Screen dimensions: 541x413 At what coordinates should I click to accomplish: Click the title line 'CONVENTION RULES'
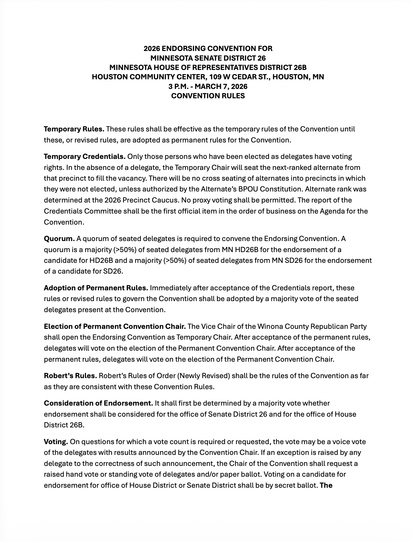(x=208, y=96)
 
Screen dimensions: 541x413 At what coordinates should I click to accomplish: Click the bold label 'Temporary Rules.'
(x=74, y=129)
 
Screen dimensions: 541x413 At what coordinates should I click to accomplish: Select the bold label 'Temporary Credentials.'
(x=85, y=157)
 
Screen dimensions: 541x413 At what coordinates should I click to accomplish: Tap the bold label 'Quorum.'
(x=59, y=239)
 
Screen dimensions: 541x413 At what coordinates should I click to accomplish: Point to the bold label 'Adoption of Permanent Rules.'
(x=96, y=288)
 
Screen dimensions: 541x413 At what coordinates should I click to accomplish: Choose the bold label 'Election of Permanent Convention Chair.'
(x=115, y=326)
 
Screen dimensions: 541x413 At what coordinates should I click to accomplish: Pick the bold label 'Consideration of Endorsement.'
(x=98, y=403)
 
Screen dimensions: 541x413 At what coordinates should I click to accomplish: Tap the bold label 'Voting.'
(x=56, y=442)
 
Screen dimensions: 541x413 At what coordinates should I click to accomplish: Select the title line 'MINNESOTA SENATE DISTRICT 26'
(x=208, y=58)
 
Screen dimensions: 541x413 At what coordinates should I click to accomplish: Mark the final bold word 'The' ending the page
(x=326, y=485)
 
